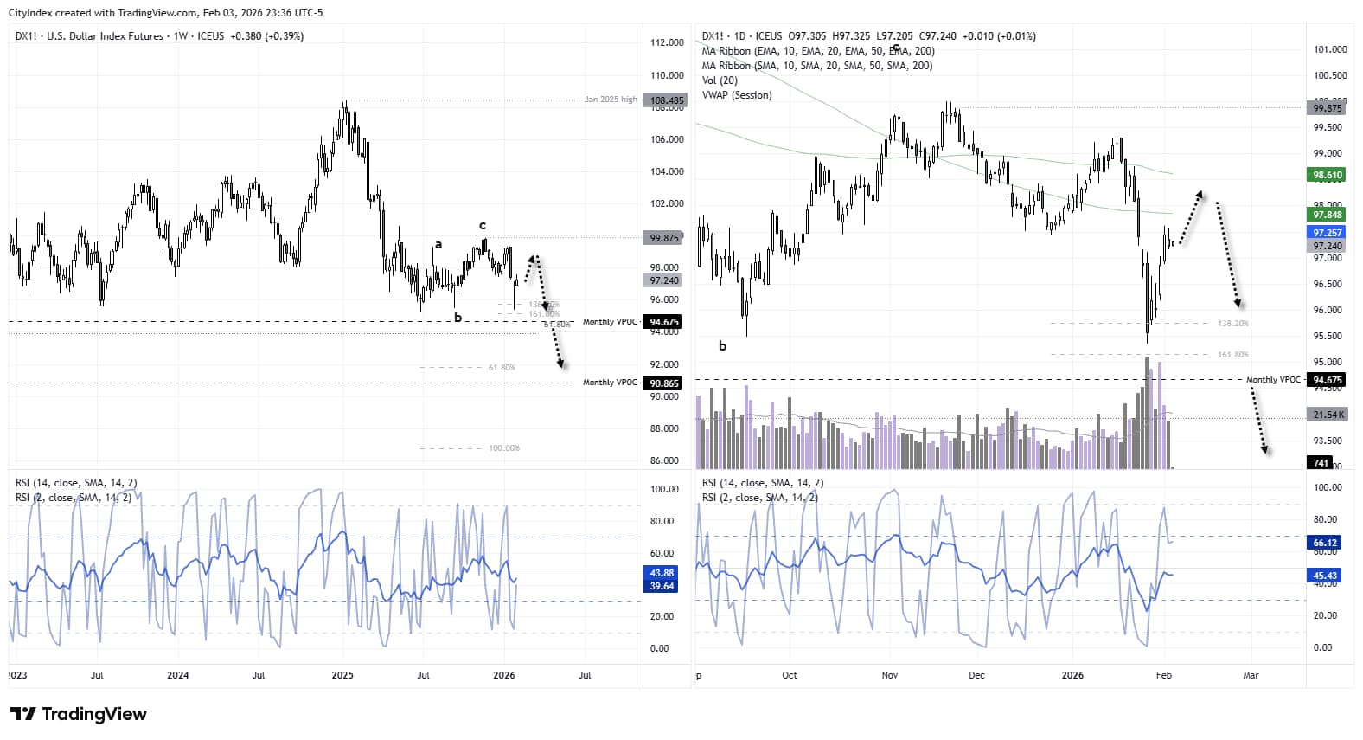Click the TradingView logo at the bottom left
pyautogui.click(x=78, y=714)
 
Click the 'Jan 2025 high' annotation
pyautogui.click(x=610, y=100)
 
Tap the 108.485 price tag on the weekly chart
pyautogui.click(x=666, y=100)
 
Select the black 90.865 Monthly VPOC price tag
pyautogui.click(x=664, y=383)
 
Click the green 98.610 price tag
pyautogui.click(x=1327, y=175)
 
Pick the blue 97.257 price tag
pyautogui.click(x=1327, y=233)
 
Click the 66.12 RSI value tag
pyautogui.click(x=1324, y=543)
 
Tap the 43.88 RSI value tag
pyautogui.click(x=662, y=573)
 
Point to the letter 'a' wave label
pyautogui.click(x=438, y=245)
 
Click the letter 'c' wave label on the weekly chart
pyautogui.click(x=483, y=226)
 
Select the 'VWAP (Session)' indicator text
pyautogui.click(x=736, y=95)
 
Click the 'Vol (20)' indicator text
pyautogui.click(x=720, y=80)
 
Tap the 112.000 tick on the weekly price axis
pyautogui.click(x=666, y=42)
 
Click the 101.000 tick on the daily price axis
pyautogui.click(x=1329, y=49)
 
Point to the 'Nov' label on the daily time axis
pyautogui.click(x=891, y=675)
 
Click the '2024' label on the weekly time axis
pyautogui.click(x=177, y=675)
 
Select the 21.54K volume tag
pyautogui.click(x=1328, y=415)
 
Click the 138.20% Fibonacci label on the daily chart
pyautogui.click(x=1232, y=324)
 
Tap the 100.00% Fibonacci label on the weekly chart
pyautogui.click(x=503, y=448)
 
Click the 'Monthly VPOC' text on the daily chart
pyautogui.click(x=1272, y=380)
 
